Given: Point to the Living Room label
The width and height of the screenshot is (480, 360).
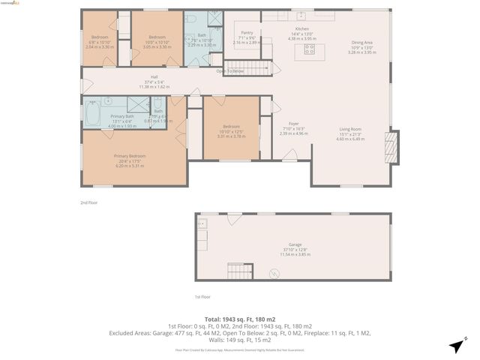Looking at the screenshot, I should tap(350, 133).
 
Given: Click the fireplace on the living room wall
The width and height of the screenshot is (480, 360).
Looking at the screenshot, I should tap(388, 142).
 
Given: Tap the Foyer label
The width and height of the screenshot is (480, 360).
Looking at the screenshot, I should tap(294, 128).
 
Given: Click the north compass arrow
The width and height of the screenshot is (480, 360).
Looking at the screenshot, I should tap(455, 346).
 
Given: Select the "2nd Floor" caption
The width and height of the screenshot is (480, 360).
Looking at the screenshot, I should tap(89, 202).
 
